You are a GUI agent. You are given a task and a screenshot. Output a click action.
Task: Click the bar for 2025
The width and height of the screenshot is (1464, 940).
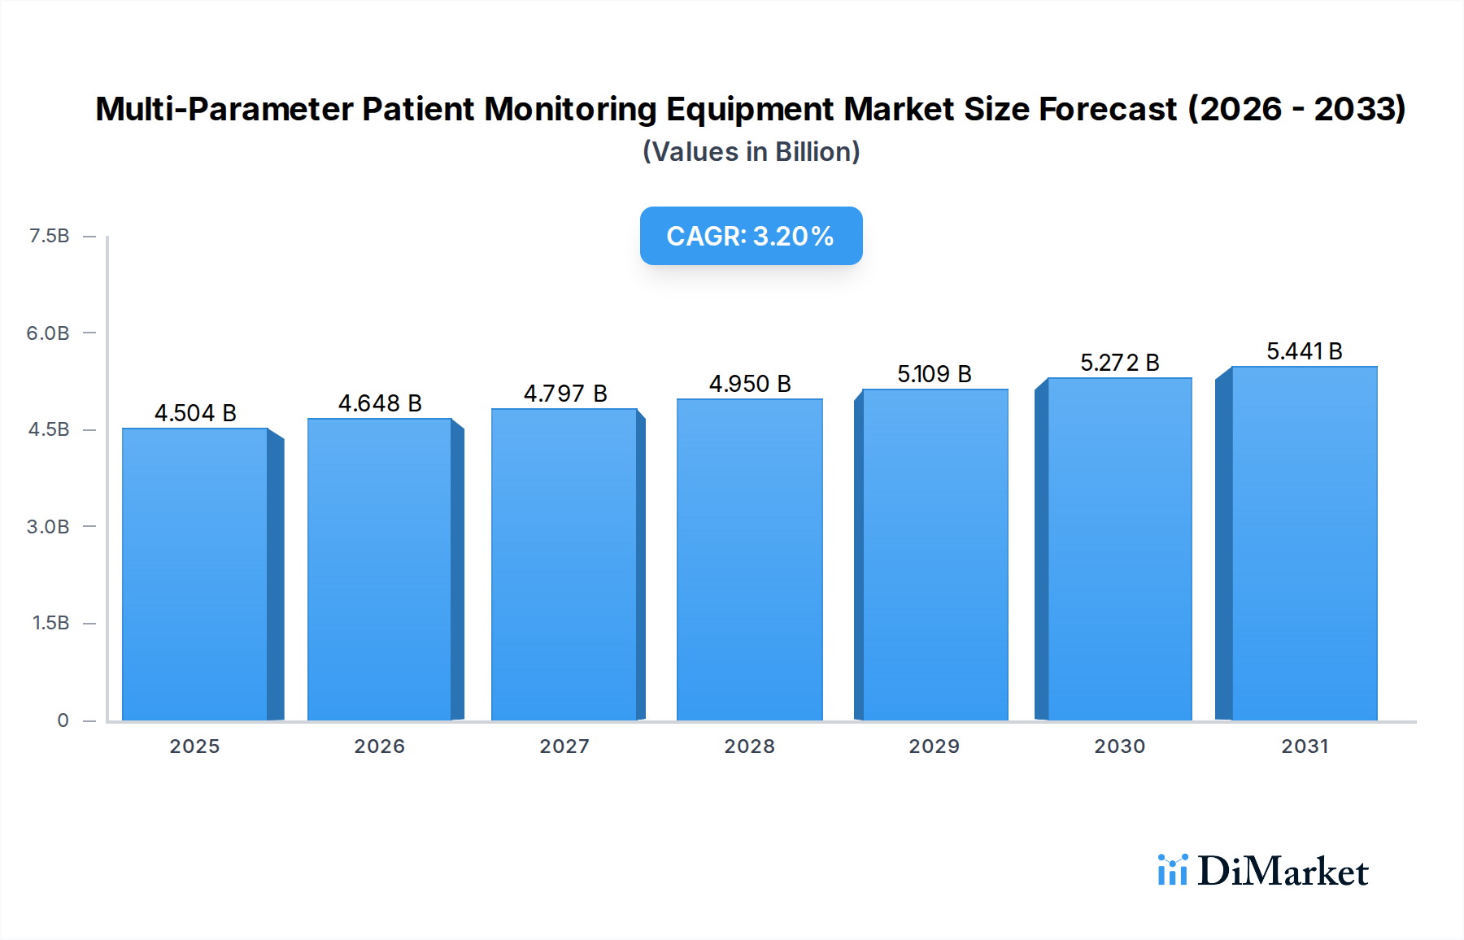point(195,574)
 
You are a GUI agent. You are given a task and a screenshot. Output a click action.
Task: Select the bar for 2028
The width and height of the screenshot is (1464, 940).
point(749,559)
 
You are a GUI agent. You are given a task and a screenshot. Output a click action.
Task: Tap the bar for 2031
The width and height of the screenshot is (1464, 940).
point(1304,543)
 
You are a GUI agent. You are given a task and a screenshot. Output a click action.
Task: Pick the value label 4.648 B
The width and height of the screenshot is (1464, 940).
point(380,403)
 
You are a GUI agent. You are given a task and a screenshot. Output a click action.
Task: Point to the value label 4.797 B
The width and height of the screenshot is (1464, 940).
point(565,394)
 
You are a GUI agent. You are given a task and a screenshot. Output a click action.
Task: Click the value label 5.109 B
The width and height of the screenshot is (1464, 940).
point(935,374)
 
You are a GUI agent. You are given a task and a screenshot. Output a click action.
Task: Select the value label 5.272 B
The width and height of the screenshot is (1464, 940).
point(1119,363)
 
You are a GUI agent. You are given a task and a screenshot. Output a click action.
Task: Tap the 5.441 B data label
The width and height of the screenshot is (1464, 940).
point(1304,351)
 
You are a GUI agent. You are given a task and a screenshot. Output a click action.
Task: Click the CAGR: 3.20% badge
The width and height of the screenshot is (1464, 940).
point(751,236)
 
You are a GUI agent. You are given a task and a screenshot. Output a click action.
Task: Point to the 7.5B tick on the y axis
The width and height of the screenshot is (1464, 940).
point(49,236)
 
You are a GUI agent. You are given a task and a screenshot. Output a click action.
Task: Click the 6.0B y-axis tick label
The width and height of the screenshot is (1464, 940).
point(48,333)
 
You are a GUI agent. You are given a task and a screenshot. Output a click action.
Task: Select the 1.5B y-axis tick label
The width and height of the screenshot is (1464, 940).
point(50,623)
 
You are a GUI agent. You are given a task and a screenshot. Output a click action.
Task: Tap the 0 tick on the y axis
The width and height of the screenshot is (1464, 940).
point(63,720)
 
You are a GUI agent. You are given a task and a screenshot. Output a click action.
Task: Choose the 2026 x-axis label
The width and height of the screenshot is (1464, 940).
point(379,746)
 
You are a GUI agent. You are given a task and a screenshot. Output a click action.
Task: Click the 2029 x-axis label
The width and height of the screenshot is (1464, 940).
point(934,746)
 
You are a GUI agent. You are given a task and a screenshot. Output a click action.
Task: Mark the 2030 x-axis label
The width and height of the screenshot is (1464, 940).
point(1119,746)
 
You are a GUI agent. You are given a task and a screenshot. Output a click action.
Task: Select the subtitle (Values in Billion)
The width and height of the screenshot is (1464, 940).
point(751,152)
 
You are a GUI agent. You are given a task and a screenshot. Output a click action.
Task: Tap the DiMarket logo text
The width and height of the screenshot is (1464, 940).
point(1283,871)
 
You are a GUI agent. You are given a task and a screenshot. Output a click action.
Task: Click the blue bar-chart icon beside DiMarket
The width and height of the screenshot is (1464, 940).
point(1172,870)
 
